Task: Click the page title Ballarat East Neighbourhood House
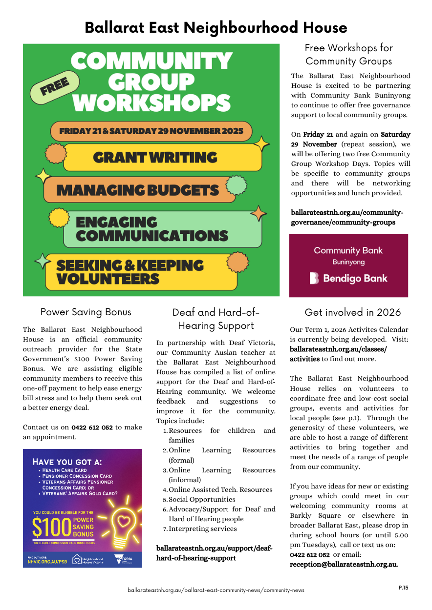coord(216,27)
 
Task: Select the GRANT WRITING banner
coord(155,158)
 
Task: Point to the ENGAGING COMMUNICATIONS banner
coord(152,229)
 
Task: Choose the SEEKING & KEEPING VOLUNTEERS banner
coord(130,272)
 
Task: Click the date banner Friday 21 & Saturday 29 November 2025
coord(151,131)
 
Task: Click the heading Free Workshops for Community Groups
coord(348,55)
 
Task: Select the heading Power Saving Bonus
coord(86,312)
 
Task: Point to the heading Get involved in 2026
coord(352,312)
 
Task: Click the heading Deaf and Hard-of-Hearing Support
coord(216,319)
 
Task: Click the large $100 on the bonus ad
coord(52,527)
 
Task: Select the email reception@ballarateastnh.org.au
coord(343,565)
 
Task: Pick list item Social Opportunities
coord(202,499)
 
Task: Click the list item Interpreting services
coord(202,529)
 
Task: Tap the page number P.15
coord(403,588)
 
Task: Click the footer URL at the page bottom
coord(216,590)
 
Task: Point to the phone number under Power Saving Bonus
coord(92,427)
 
